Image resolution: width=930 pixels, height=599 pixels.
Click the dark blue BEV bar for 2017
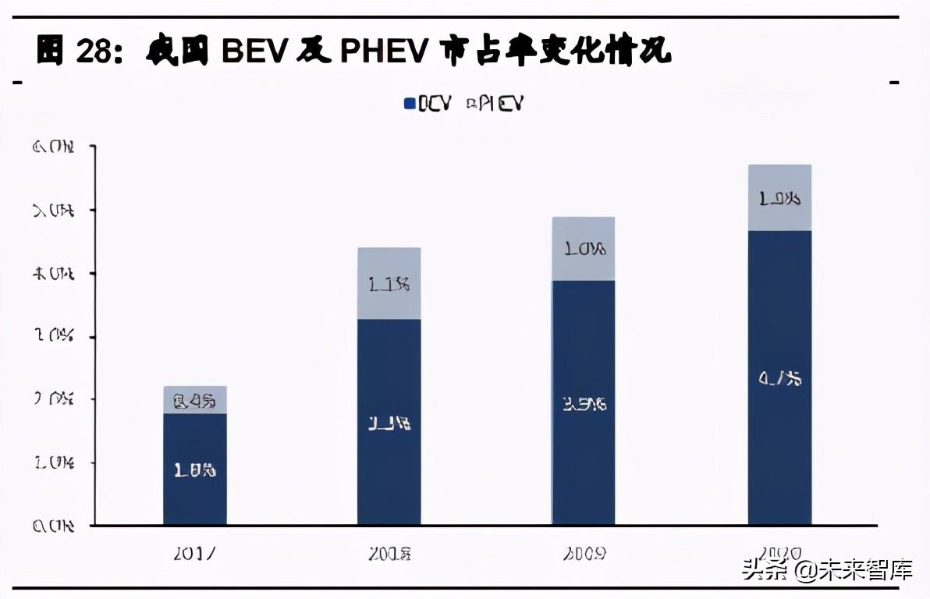(195, 469)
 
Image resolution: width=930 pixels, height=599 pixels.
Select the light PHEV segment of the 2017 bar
(195, 399)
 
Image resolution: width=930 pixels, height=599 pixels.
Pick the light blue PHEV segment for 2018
(389, 283)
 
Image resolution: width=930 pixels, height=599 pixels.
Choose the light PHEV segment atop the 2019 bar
(584, 249)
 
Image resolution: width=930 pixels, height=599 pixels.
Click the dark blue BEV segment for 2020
(779, 377)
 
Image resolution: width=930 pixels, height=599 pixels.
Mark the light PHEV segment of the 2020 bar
(779, 197)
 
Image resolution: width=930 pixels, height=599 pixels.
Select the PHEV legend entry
(494, 104)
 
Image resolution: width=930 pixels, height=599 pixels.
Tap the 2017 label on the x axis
(195, 554)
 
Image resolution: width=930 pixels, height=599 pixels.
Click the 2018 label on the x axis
(389, 554)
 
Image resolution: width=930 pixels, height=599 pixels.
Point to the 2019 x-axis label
(584, 554)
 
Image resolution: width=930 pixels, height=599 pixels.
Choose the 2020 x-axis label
(779, 554)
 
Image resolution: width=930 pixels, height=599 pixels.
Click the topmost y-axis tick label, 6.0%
(53, 147)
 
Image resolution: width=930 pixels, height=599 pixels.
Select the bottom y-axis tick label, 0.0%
(53, 526)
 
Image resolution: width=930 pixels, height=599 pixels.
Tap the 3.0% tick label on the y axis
(53, 337)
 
